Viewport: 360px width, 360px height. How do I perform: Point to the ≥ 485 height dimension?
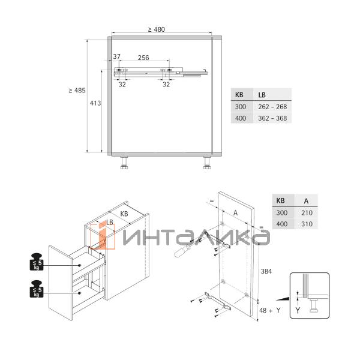tap(77, 91)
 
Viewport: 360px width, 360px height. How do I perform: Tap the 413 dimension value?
tap(95, 103)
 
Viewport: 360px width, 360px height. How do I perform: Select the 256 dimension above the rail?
tap(143, 58)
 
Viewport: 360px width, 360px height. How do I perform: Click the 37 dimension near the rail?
tap(116, 57)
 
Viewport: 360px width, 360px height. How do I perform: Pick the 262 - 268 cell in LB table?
tap(273, 107)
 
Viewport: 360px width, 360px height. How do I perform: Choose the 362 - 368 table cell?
tap(273, 118)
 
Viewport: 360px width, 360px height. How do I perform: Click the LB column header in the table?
tap(262, 95)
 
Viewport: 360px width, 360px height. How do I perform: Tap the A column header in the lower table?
tap(306, 201)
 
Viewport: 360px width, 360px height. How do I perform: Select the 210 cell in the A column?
tap(306, 212)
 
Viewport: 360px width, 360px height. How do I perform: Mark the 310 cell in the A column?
tap(306, 224)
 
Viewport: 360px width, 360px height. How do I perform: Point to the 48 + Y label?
tap(269, 310)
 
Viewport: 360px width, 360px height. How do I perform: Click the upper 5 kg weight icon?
tap(37, 262)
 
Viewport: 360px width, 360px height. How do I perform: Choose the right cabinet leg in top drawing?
tap(207, 163)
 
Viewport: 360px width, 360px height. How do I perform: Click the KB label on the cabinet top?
tap(124, 214)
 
